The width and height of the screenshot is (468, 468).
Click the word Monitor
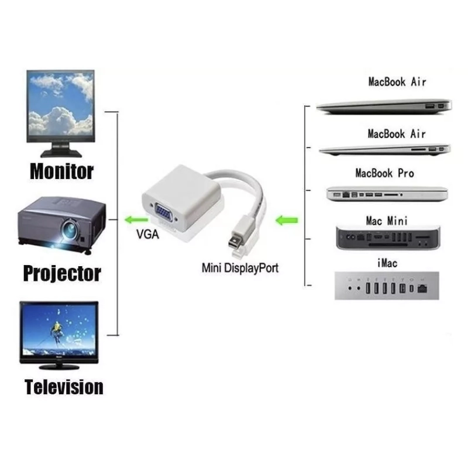coord(61,171)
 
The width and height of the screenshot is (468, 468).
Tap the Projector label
coord(62,273)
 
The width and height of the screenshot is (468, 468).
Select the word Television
coord(64,387)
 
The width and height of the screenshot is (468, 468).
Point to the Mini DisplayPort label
coord(239,269)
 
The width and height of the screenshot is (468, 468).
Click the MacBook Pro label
coord(384,173)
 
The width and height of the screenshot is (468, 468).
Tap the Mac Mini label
coord(387,221)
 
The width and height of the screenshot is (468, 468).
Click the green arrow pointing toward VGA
coord(136,221)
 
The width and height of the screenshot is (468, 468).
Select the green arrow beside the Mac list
coord(287,221)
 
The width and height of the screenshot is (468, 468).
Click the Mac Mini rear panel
coord(387,238)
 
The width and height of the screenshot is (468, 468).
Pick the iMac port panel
coord(387,285)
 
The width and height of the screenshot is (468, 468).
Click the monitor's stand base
coord(61,153)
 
